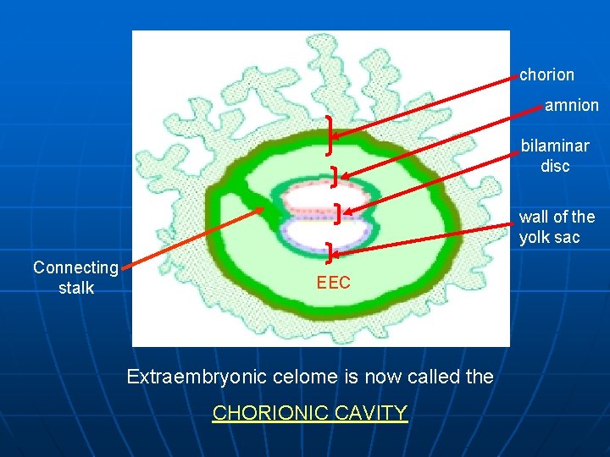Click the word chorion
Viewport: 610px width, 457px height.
tap(546, 74)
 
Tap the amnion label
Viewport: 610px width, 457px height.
tap(571, 106)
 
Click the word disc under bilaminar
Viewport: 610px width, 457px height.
tap(555, 166)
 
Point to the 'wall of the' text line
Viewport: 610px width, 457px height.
tap(557, 217)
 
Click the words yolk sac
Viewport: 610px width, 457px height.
tap(550, 237)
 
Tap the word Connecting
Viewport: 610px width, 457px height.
tap(75, 267)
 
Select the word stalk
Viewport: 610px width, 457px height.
tap(75, 288)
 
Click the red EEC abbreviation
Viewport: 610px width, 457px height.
tap(333, 284)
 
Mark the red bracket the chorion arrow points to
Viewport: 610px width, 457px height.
tap(328, 135)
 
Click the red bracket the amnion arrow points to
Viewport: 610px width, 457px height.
tap(335, 176)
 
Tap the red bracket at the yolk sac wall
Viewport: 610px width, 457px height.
tap(330, 250)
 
